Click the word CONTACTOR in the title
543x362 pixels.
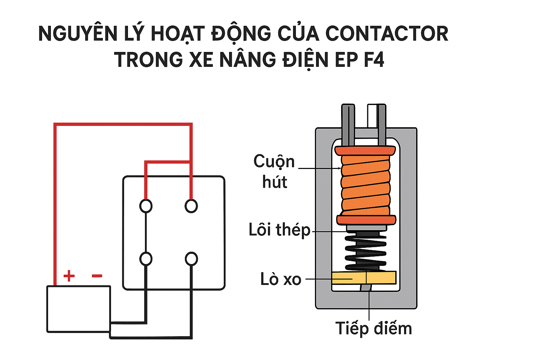[x=386, y=34]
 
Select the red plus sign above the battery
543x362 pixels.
[x=69, y=276]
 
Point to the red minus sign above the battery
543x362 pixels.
[x=97, y=276]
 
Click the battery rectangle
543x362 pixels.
[x=78, y=309]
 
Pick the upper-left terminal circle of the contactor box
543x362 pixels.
[x=146, y=206]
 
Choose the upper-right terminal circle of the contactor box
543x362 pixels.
[x=191, y=206]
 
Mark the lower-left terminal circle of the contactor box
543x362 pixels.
[x=146, y=259]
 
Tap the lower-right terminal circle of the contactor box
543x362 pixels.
[x=191, y=259]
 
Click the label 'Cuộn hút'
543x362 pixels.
[x=274, y=172]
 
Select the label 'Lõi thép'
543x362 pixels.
[x=279, y=230]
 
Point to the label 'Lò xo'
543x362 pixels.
[x=281, y=279]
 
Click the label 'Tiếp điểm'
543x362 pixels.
[x=373, y=328]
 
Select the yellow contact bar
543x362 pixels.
[x=364, y=278]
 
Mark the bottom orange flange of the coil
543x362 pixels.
[x=366, y=220]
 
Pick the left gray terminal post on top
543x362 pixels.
[x=348, y=124]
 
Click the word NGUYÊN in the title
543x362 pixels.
[x=78, y=34]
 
